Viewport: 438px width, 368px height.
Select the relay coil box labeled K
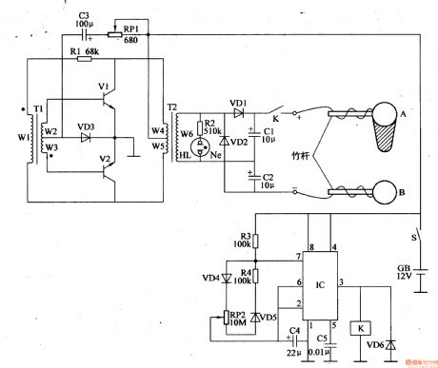click(359, 328)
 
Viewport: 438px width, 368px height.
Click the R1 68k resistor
click(84, 59)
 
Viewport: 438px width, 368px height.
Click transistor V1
click(109, 97)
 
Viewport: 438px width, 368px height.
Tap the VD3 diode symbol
click(86, 136)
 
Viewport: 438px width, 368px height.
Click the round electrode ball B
click(388, 193)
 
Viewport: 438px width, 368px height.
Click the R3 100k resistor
click(256, 242)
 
